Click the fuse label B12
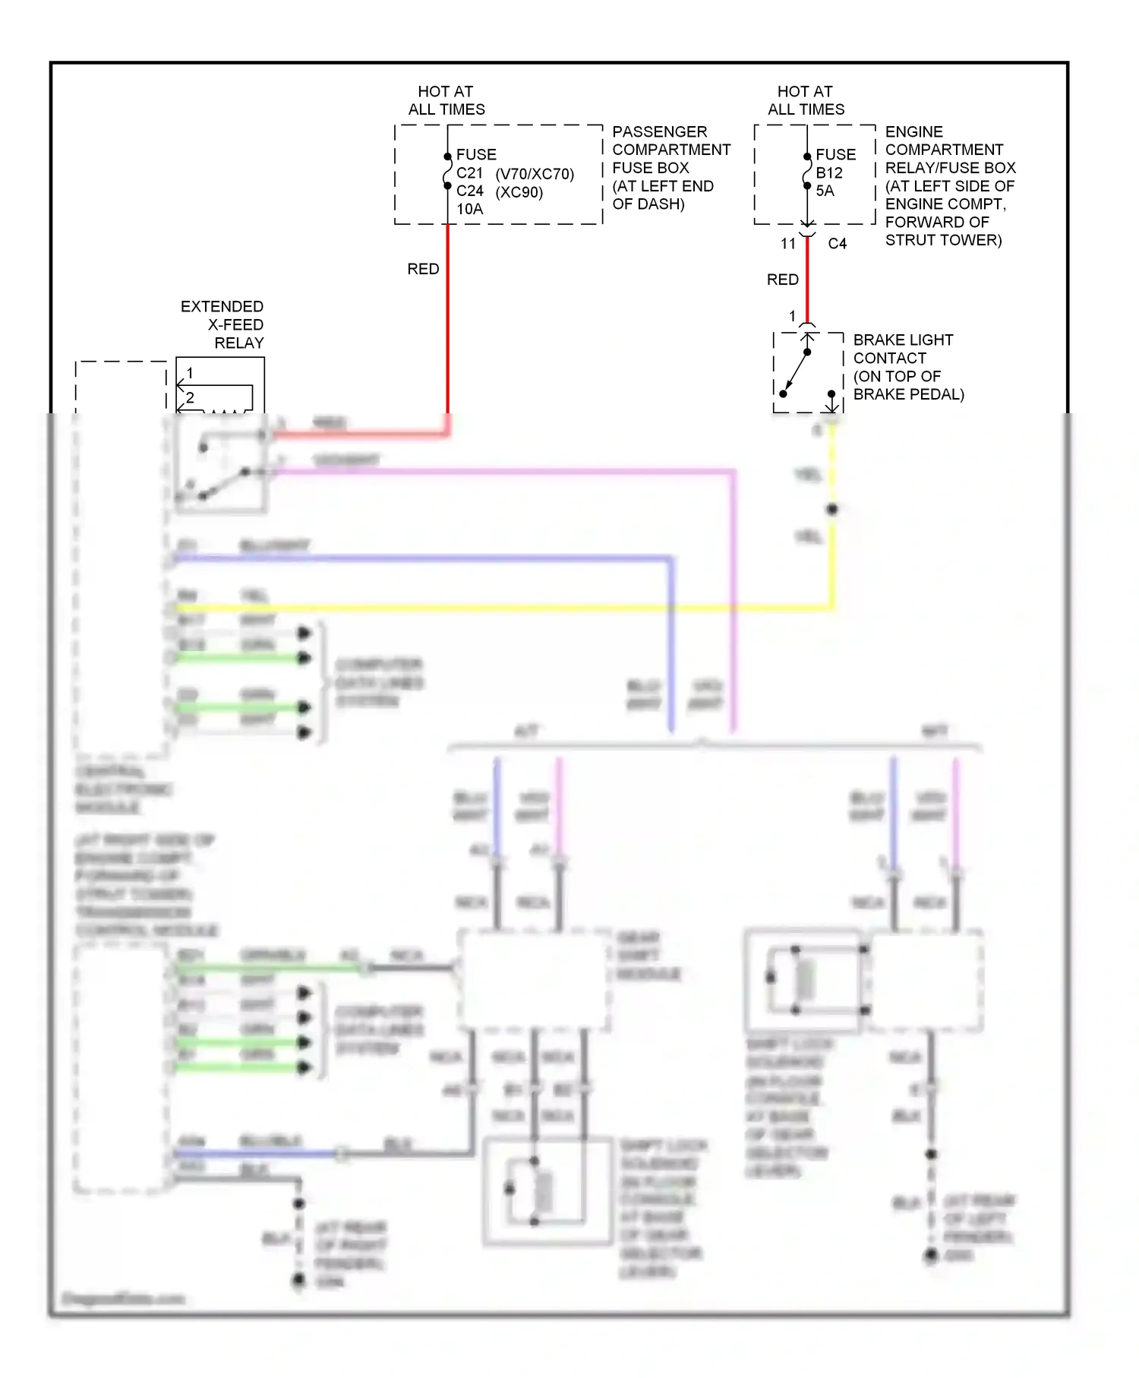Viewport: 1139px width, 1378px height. (829, 173)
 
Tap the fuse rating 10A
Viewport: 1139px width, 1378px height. (469, 209)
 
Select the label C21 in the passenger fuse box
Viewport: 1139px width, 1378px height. (469, 173)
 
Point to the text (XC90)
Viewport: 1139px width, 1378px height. (519, 192)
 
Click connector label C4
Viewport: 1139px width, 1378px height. (837, 244)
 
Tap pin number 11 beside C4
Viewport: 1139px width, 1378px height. (788, 244)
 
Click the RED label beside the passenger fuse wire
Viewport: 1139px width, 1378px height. (423, 269)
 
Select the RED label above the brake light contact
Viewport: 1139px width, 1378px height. (782, 280)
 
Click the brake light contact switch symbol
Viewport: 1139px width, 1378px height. (796, 372)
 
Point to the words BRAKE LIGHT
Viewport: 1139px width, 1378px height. (903, 340)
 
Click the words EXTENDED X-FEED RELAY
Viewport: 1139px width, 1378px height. (222, 324)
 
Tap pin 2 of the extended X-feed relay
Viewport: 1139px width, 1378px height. (190, 397)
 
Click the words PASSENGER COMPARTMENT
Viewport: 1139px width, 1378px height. (671, 141)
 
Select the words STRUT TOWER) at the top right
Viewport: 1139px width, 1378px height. (943, 240)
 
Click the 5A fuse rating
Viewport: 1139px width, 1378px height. (825, 191)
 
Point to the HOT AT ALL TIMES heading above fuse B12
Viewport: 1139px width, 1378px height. (806, 100)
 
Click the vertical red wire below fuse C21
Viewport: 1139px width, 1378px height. (447, 319)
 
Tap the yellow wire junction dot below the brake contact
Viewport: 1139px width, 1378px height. (832, 509)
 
